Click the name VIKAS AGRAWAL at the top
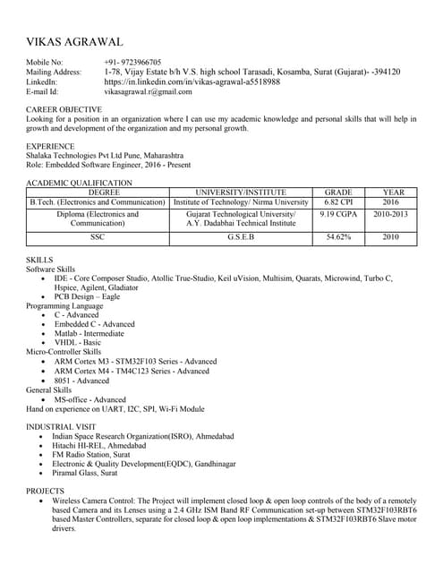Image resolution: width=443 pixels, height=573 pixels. tap(74, 42)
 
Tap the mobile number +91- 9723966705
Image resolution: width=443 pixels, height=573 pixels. tap(132, 62)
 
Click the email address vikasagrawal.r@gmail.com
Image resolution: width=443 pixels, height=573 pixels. tap(148, 91)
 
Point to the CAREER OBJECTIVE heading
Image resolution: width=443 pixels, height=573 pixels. tap(64, 110)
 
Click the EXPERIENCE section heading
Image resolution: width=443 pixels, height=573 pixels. tap(50, 146)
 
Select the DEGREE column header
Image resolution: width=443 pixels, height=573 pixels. tap(98, 192)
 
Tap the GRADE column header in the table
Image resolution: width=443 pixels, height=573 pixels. tap(338, 192)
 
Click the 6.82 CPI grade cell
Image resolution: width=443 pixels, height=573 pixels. tap(338, 203)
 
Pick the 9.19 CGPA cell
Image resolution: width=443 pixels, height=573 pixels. tap(338, 216)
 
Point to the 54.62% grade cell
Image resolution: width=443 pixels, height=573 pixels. tap(338, 237)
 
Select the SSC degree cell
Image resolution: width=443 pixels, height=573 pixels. tap(98, 237)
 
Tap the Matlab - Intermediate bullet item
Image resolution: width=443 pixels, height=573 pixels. tap(89, 333)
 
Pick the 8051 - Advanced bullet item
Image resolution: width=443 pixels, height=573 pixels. tap(81, 381)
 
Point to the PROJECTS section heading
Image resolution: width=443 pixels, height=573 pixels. tap(45, 492)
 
